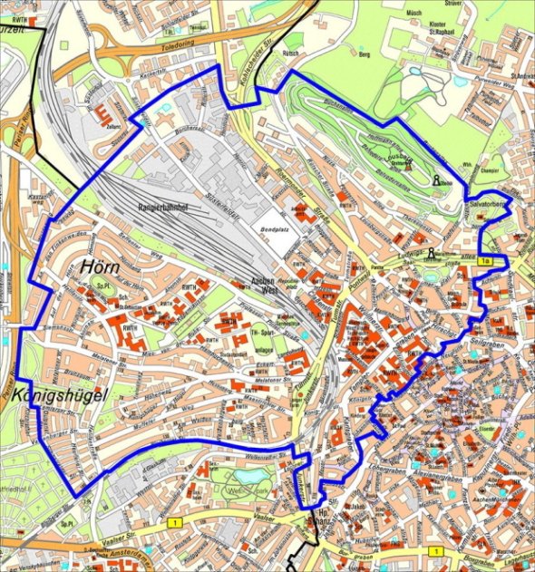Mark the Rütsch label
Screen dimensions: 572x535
pos(291,53)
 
